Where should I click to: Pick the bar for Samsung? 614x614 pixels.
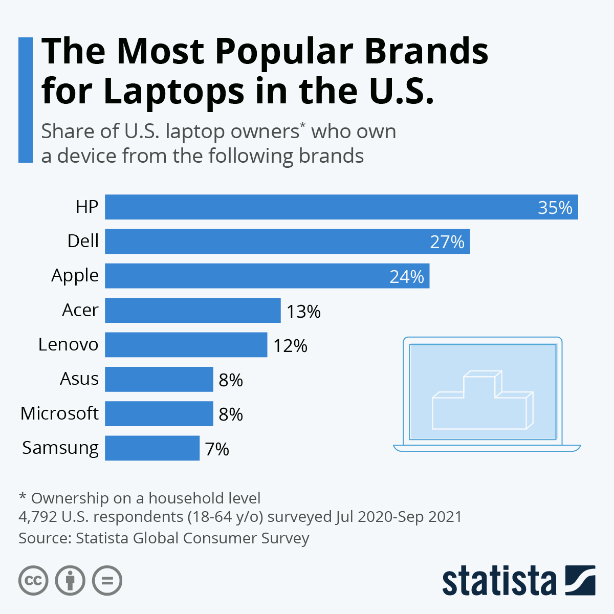pos(152,448)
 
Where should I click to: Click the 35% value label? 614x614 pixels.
pos(555,208)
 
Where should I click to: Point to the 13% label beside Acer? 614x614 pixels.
pos(303,311)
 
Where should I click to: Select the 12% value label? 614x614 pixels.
pos(290,346)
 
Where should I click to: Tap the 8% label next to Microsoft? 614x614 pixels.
pos(231,414)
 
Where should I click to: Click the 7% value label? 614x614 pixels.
pos(217,449)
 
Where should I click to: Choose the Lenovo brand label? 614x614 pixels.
pos(68,344)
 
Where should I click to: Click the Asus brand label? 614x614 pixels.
pos(79,379)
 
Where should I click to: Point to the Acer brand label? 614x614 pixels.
pos(80,310)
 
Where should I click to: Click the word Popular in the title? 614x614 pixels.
pos(284,51)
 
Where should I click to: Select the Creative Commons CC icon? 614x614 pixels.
pos(33,581)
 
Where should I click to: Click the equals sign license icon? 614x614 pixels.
pos(107,581)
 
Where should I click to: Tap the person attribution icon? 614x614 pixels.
pos(70,581)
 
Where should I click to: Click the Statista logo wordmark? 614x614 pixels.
pos(499,581)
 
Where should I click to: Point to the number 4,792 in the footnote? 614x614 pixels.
pos(37,517)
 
